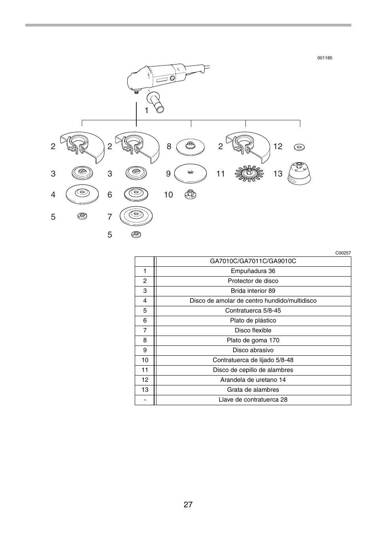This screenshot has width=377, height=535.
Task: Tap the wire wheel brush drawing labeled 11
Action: click(249, 174)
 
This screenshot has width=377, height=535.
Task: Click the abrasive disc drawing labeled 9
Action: click(190, 173)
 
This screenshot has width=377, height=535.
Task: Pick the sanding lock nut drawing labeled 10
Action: click(190, 194)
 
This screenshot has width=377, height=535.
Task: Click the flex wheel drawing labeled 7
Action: click(136, 216)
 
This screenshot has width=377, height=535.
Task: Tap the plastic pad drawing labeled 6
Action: click(136, 194)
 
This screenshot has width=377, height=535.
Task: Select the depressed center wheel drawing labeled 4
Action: click(82, 194)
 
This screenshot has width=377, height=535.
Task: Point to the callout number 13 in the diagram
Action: click(278, 174)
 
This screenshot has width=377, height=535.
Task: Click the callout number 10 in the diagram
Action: click(168, 195)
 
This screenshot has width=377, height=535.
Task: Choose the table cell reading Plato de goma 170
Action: click(253, 340)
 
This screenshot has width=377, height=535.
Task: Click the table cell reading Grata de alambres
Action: click(253, 390)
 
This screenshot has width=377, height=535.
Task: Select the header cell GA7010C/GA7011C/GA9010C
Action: click(253, 261)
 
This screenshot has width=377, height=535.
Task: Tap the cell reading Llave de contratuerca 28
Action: click(253, 400)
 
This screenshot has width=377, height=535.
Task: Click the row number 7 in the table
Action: click(145, 330)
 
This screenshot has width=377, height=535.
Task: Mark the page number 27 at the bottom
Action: click(188, 505)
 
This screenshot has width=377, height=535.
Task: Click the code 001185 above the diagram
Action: click(325, 58)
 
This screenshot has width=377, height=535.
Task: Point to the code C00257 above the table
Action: click(343, 253)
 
